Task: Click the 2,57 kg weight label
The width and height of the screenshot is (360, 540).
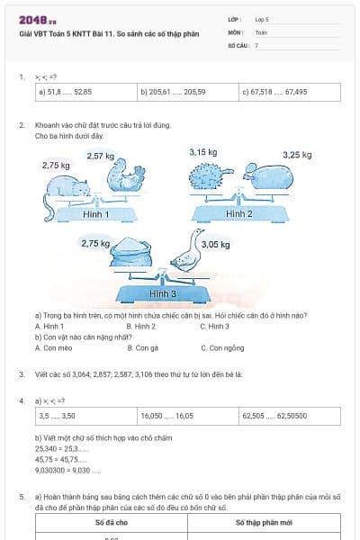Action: click(100, 156)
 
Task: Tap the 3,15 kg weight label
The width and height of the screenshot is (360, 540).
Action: click(202, 153)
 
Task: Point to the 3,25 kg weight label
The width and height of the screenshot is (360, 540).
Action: click(297, 155)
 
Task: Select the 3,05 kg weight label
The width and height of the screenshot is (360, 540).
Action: click(215, 244)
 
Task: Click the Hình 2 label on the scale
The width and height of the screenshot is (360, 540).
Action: click(238, 214)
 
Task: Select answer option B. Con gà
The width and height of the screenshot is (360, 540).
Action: click(143, 347)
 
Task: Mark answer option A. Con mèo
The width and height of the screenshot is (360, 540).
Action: click(53, 347)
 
